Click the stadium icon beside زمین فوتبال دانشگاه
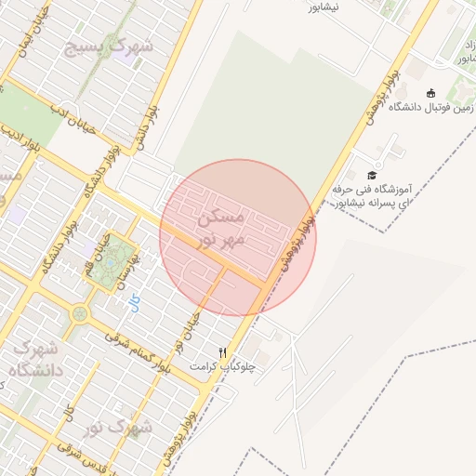pos(430,92)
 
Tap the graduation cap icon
pos(372,175)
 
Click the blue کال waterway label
pos(135,303)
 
